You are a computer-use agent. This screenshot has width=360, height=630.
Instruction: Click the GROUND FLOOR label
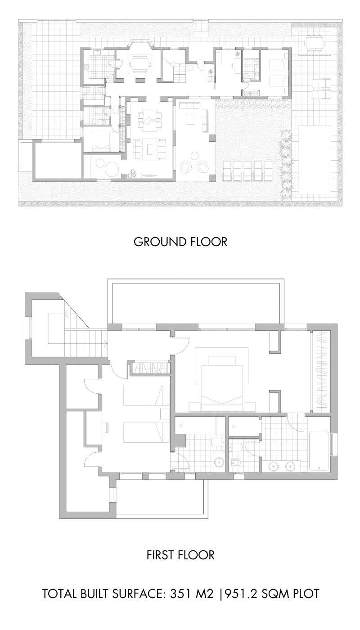click(180, 242)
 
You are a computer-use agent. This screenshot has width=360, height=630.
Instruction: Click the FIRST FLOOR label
click(180, 555)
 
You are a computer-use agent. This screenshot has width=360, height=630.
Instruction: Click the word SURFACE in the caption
click(134, 594)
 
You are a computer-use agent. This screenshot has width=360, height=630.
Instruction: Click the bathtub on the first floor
click(319, 450)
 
